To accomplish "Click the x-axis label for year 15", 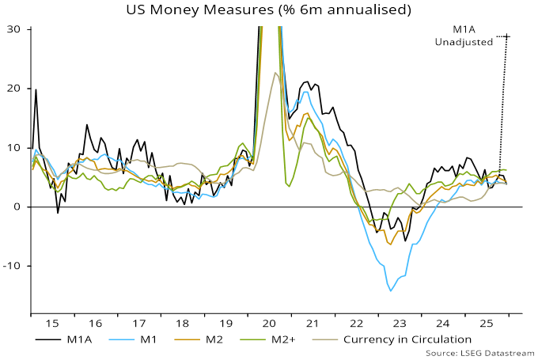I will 51,324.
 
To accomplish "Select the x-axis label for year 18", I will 181,324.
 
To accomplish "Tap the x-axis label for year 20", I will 267,324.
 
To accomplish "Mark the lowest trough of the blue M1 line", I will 390,291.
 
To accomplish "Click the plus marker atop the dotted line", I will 507,36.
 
